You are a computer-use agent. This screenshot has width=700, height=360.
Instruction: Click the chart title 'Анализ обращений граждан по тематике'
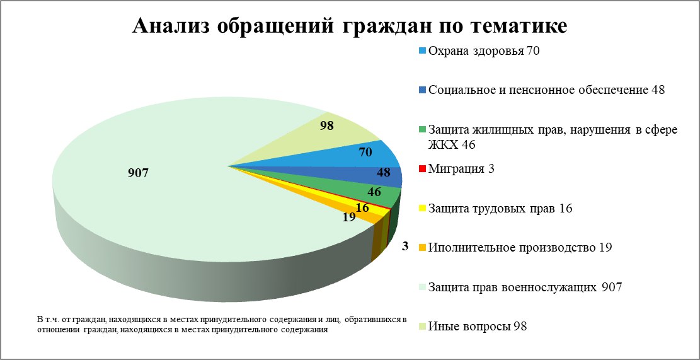350,26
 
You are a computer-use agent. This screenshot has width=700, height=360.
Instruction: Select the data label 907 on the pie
137,172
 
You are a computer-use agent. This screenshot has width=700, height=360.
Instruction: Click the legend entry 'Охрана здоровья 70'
483,51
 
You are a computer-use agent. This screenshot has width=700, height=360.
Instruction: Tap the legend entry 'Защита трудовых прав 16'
500,208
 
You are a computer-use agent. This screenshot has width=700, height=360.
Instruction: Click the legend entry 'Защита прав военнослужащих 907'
525,287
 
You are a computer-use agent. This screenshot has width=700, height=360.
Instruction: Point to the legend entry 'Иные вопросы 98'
477,327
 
